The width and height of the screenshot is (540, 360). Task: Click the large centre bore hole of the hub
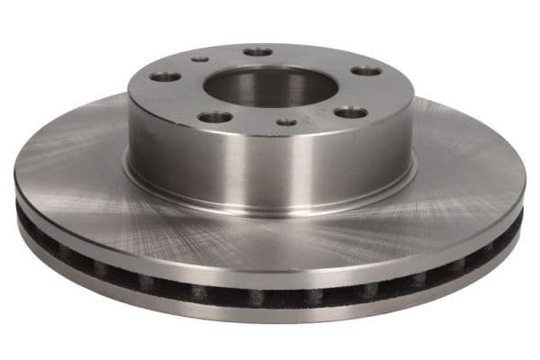[x=270, y=86]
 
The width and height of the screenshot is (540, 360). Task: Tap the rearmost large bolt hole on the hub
[x=258, y=52]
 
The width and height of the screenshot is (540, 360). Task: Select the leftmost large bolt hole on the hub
[x=166, y=77]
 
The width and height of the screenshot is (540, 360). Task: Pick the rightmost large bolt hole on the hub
[x=365, y=71]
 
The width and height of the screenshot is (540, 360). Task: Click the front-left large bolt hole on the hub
[x=214, y=117]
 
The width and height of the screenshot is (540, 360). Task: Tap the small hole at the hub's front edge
[x=287, y=121]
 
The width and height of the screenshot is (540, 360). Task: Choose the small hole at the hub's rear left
[x=200, y=59]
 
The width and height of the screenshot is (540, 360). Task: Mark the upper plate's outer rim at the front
[x=270, y=274]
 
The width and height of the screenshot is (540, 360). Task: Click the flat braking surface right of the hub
[x=468, y=171]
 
